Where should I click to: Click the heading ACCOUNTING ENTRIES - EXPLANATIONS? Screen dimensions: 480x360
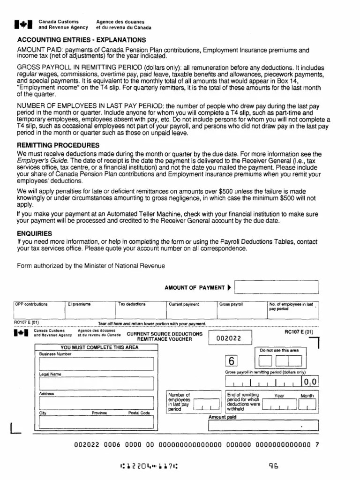pyautogui.click(x=81, y=39)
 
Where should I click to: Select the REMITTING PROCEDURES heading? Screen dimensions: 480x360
pyautogui.click(x=58, y=145)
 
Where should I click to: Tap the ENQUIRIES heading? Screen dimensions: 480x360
pyautogui.click(x=35, y=233)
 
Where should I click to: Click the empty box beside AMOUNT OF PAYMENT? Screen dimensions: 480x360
pyautogui.click(x=277, y=287)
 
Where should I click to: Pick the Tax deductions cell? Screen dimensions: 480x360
pyautogui.click(x=141, y=309)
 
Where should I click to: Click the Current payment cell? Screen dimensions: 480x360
pyautogui.click(x=192, y=309)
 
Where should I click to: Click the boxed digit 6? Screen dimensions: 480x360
pyautogui.click(x=232, y=361)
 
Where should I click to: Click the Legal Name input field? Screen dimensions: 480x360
pyautogui.click(x=97, y=383)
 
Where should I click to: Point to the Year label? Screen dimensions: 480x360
pyautogui.click(x=279, y=396)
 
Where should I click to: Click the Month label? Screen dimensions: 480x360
pyautogui.click(x=307, y=396)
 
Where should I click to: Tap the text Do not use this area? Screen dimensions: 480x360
pyautogui.click(x=279, y=350)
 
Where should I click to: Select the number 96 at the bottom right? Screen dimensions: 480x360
pyautogui.click(x=274, y=466)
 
